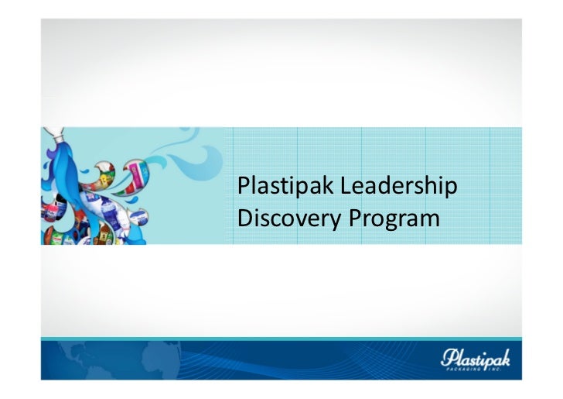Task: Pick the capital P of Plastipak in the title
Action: coord(243,187)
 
